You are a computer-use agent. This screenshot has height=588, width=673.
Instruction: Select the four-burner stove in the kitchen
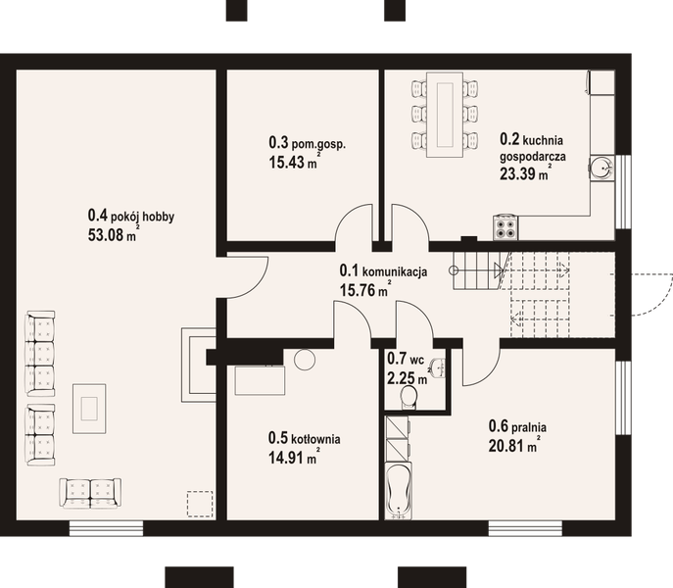pyautogui.click(x=506, y=227)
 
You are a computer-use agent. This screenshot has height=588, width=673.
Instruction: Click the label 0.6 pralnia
pyautogui.click(x=517, y=426)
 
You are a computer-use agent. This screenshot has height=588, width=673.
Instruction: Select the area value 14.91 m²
pyautogui.click(x=293, y=455)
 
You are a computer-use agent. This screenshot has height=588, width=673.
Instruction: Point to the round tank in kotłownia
pyautogui.click(x=304, y=360)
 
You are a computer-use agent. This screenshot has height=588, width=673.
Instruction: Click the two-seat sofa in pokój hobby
pyautogui.click(x=90, y=491)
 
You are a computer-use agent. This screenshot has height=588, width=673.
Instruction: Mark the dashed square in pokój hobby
pyautogui.click(x=200, y=502)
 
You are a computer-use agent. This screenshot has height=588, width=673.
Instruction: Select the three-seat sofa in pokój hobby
pyautogui.click(x=40, y=353)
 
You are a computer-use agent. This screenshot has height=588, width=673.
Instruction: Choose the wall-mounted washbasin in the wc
pyautogui.click(x=440, y=368)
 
